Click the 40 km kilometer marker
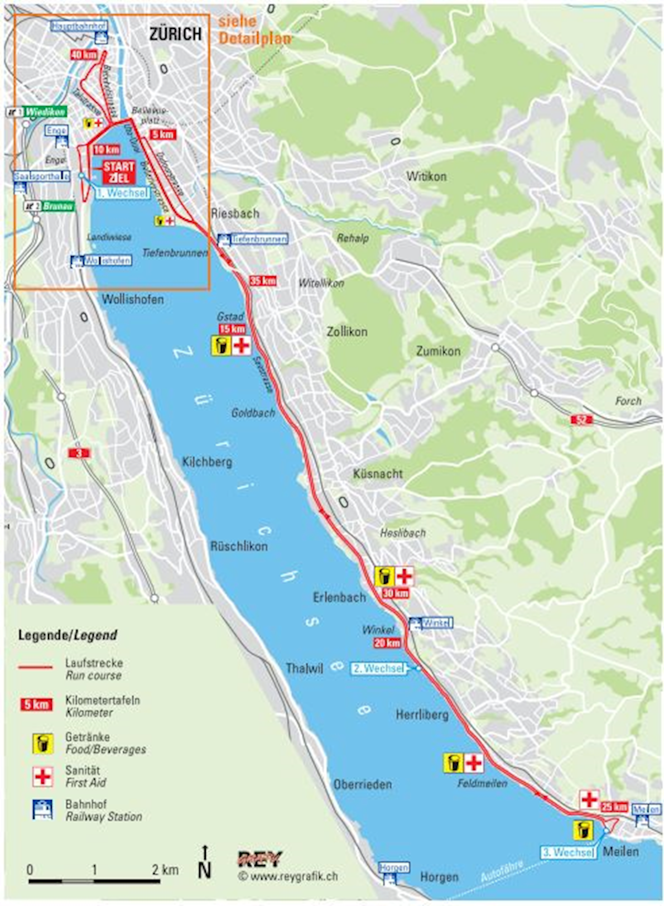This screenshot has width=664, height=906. pos(83,55)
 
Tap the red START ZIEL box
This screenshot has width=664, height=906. pos(118,172)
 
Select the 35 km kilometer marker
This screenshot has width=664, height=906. pos(262,281)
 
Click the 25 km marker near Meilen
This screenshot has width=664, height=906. pos(614,807)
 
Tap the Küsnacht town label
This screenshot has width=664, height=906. pos(378,473)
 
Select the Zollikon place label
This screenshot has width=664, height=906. pos(347,332)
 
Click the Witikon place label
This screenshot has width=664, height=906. pos(426,176)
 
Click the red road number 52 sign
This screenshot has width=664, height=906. pos(581,419)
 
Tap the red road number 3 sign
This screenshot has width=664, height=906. pos(79,453)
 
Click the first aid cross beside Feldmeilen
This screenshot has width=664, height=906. pos(474,763)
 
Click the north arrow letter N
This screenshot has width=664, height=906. pos(205,870)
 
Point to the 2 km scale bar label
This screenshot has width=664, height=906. pos(165,870)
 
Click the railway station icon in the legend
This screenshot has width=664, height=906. pos(43,809)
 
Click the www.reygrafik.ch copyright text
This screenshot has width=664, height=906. pos(288,876)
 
